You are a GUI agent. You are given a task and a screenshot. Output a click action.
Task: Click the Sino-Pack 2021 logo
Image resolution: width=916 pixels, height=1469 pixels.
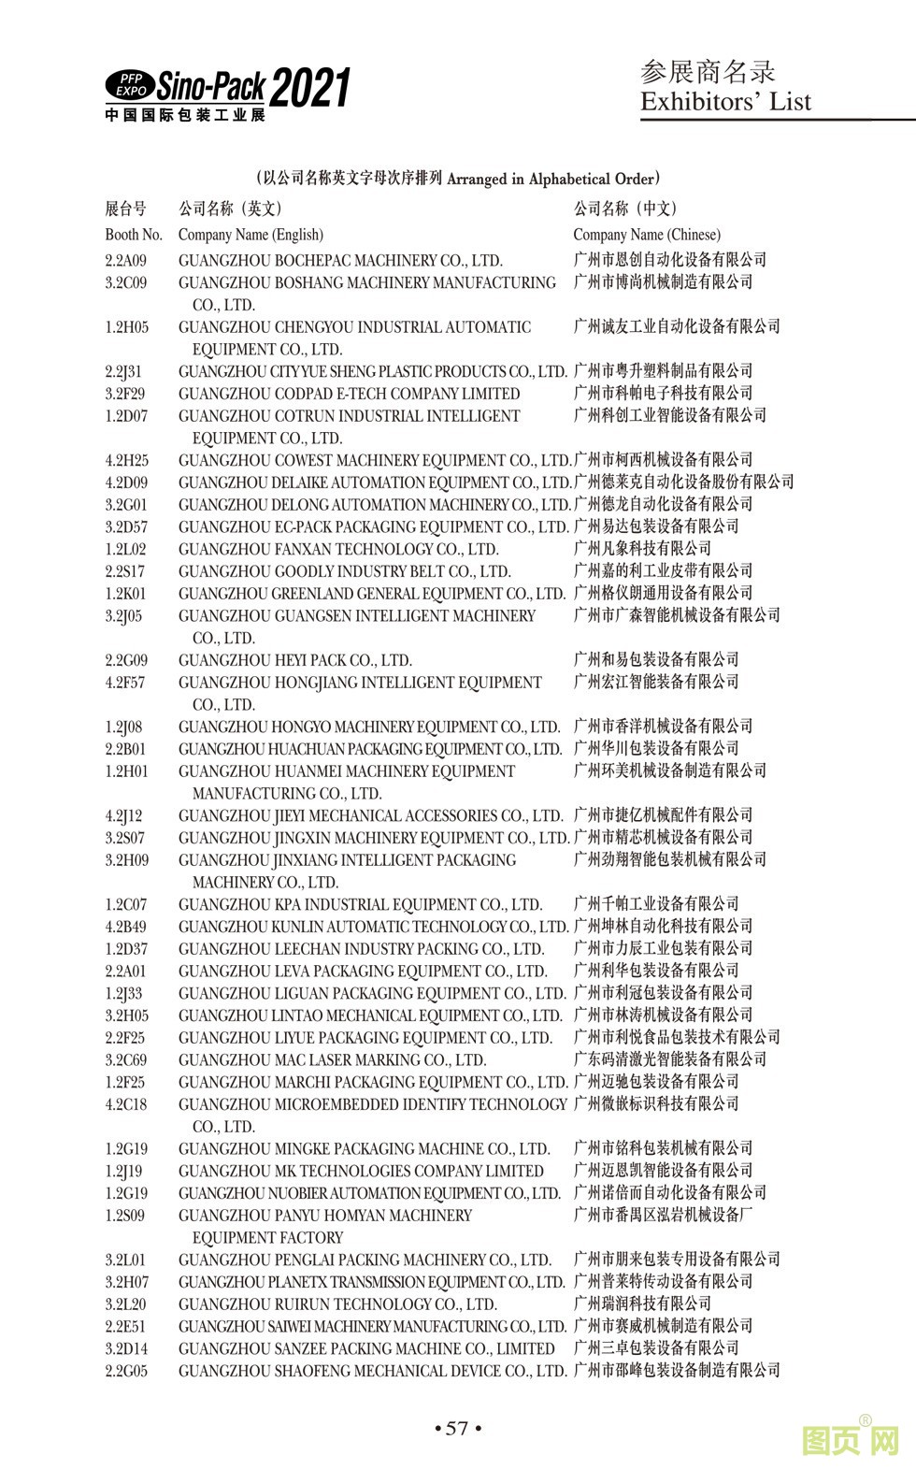227,94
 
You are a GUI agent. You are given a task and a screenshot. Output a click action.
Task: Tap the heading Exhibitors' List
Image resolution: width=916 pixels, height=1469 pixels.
725,102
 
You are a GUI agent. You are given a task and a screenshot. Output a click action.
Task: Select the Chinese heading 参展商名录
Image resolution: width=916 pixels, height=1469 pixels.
708,71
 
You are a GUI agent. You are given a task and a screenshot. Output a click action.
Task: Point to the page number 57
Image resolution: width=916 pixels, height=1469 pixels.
457,1428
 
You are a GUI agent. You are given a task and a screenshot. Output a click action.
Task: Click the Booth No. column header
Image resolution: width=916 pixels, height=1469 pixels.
134,235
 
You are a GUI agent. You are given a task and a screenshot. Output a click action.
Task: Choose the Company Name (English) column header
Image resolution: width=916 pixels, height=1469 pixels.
250,235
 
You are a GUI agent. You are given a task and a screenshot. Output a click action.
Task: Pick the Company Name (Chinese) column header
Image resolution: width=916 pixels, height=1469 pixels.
647,235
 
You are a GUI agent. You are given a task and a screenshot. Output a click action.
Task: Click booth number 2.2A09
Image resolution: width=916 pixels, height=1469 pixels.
126,261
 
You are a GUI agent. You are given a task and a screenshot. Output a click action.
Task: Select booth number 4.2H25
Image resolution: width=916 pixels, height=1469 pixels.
126,461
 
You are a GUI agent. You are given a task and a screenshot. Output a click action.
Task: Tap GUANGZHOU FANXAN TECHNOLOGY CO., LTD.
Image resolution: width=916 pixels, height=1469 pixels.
338,550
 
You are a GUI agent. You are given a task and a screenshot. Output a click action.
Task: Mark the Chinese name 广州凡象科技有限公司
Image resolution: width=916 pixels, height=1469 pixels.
642,549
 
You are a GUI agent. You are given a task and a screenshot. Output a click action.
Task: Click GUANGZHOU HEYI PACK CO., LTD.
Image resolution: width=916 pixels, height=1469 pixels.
295,661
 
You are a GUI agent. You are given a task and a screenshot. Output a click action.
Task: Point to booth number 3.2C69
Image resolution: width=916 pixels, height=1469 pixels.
126,1060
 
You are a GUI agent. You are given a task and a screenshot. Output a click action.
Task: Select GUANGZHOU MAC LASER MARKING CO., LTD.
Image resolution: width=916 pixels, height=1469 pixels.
333,1060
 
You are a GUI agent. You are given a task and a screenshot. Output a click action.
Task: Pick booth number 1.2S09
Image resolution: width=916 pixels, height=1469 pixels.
125,1216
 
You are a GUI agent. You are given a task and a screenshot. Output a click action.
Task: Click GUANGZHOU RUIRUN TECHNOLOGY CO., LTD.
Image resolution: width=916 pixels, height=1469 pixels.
337,1304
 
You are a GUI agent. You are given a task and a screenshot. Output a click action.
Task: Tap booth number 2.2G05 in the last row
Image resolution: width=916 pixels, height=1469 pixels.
126,1372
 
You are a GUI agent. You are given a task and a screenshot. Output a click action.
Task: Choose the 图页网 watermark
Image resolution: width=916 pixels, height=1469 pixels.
851,1441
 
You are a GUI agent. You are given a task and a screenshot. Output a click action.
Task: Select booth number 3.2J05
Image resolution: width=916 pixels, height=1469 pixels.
124,616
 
